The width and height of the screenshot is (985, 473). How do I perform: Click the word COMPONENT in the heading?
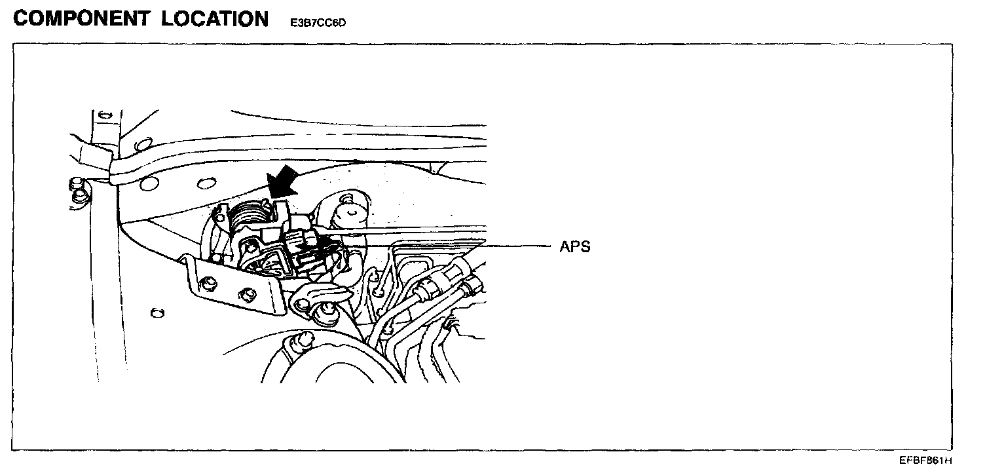81,19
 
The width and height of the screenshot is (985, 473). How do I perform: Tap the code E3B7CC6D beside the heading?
318,23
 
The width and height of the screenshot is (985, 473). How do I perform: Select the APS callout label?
575,247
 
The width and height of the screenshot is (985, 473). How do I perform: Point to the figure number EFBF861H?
925,461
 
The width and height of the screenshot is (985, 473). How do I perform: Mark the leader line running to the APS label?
445,246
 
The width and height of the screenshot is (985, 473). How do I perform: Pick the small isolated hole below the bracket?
157,313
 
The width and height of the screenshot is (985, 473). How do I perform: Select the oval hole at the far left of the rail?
149,184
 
